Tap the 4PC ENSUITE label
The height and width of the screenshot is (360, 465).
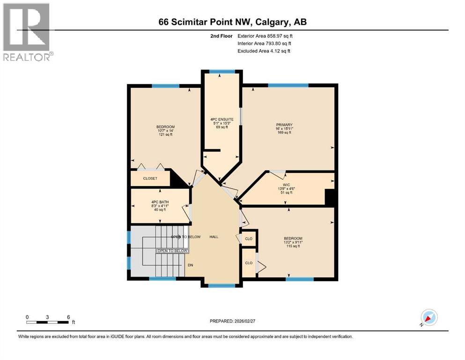pyautogui.click(x=219, y=119)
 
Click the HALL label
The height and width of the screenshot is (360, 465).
pyautogui.click(x=214, y=237)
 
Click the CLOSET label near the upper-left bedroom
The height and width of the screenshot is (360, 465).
pyautogui.click(x=150, y=179)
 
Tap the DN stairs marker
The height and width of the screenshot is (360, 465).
pyautogui.click(x=191, y=265)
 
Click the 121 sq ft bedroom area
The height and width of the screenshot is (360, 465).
pyautogui.click(x=165, y=135)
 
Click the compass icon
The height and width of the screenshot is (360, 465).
pyautogui.click(x=429, y=317)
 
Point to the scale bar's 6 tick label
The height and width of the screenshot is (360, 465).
pyautogui.click(x=68, y=316)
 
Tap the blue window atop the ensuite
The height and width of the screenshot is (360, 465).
pyautogui.click(x=222, y=71)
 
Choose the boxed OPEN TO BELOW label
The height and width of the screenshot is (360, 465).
pyautogui.click(x=172, y=251)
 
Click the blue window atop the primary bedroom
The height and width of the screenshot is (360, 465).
pyautogui.click(x=288, y=85)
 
